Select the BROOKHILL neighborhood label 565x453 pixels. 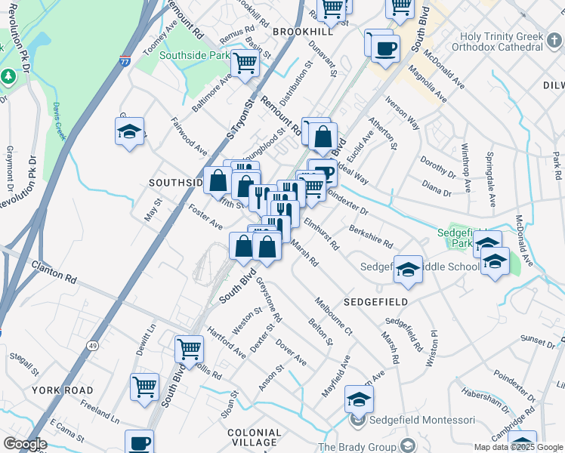pyautogui.click(x=302, y=32)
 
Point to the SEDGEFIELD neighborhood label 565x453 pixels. pyautogui.click(x=375, y=302)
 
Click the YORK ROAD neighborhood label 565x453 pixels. pyautogui.click(x=63, y=390)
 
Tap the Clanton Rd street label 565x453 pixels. pyautogui.click(x=54, y=272)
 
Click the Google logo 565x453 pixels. pyautogui.click(x=25, y=444)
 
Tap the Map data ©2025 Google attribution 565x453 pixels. pyautogui.click(x=517, y=447)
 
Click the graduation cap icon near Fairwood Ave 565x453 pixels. pyautogui.click(x=130, y=131)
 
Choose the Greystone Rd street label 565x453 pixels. pyautogui.click(x=268, y=300)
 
